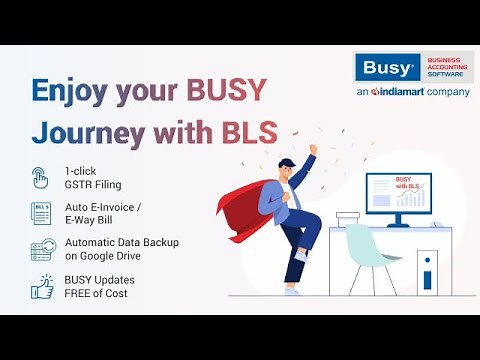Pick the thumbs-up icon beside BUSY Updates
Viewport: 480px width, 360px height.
(42, 287)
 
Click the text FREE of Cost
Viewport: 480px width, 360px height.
(96, 293)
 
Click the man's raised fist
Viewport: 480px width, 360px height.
(312, 149)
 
